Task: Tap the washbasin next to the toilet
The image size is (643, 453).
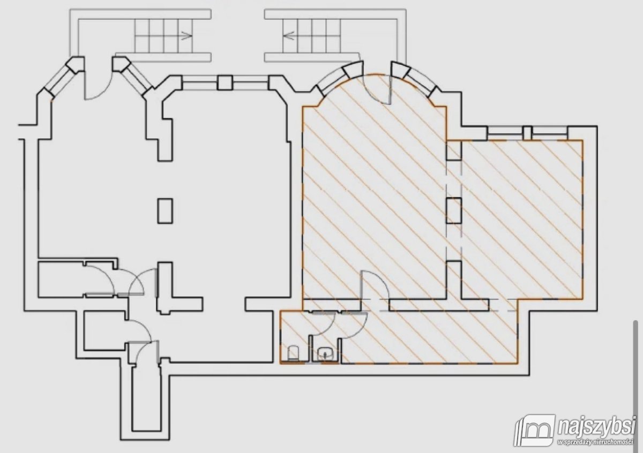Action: click(325, 353)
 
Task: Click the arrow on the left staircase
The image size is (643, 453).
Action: click(186, 36)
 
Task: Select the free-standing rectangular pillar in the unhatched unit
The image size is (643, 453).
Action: click(165, 211)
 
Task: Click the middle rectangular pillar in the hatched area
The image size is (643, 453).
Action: click(454, 210)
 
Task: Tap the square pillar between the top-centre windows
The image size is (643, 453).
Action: click(225, 82)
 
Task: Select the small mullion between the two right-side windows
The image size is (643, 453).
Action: click(527, 133)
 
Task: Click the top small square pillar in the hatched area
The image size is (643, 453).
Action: click(454, 150)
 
